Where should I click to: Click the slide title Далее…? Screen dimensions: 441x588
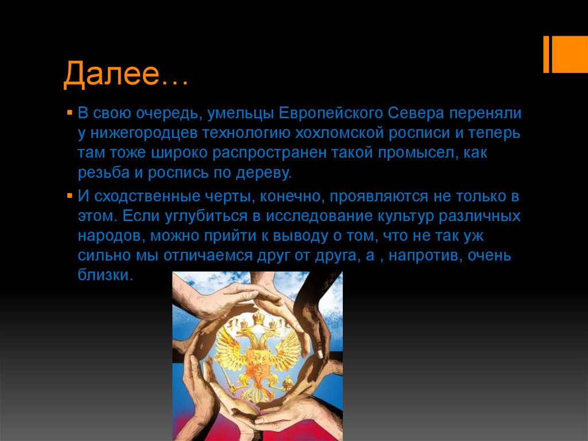pos(125,75)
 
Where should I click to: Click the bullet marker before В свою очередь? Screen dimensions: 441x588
pos(68,112)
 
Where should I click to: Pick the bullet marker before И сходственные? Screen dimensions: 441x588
pos(68,197)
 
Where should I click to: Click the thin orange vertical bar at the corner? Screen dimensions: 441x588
pos(546,55)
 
